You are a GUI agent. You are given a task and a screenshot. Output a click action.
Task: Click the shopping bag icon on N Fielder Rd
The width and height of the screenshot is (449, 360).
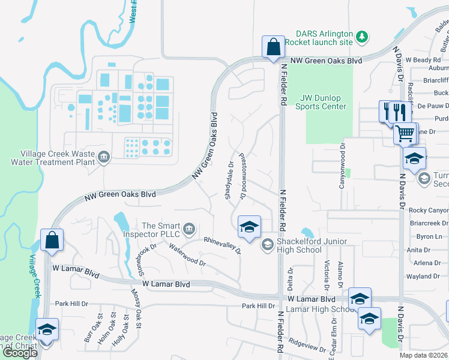point(273,47)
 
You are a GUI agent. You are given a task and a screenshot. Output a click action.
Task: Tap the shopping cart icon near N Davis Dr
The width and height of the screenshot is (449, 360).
point(406,133)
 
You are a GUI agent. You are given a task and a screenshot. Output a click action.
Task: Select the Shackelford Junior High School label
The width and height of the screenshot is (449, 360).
point(299,245)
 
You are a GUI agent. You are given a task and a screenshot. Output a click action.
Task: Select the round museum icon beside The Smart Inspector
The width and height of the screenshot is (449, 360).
point(188,228)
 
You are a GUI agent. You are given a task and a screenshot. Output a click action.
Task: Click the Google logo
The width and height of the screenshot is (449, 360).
point(20,353)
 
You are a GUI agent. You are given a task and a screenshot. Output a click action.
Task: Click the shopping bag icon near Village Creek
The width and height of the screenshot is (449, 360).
point(52,239)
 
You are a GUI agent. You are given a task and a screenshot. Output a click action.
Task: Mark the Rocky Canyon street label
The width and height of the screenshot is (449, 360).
point(428,210)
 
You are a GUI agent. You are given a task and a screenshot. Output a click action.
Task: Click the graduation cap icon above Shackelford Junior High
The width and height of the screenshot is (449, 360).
point(249,227)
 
